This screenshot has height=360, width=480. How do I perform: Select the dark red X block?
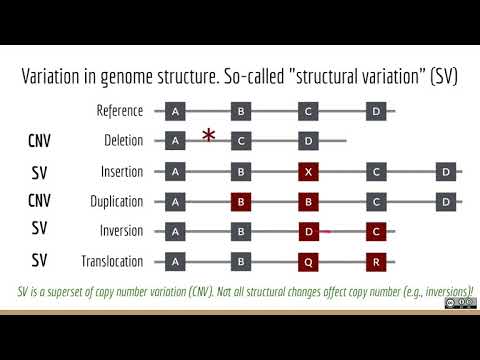(310, 171)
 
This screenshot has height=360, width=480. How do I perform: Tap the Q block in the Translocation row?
(310, 262)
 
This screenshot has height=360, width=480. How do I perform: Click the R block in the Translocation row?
(376, 262)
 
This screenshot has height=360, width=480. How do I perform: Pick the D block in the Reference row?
(376, 110)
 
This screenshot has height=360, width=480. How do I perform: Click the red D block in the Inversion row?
(310, 232)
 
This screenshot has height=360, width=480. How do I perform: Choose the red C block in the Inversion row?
(376, 232)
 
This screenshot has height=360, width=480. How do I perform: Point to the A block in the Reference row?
(176, 110)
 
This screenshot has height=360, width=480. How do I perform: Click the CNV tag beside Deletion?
(40, 141)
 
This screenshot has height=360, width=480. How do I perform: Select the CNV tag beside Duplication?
(40, 201)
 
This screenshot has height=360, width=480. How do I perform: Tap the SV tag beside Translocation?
(40, 262)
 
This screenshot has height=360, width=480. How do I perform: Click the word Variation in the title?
(59, 76)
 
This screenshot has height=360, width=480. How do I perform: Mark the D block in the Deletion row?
(310, 141)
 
